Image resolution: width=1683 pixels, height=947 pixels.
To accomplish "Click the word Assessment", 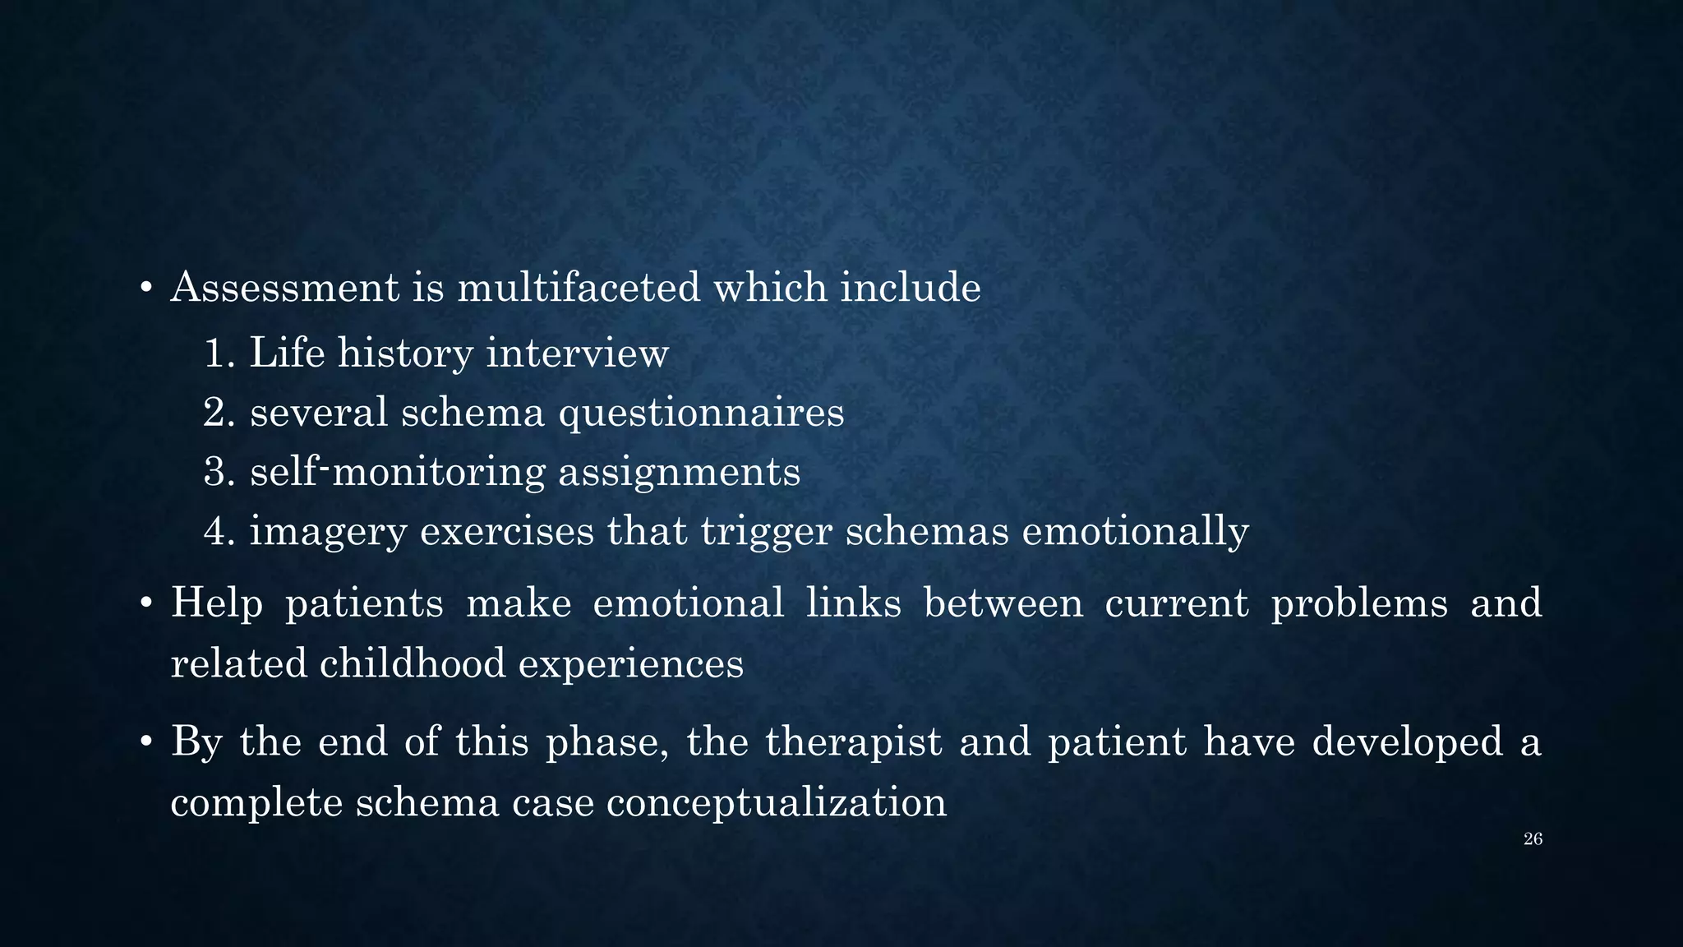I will [x=284, y=288].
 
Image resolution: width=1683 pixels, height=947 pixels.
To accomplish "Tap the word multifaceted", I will [x=579, y=288].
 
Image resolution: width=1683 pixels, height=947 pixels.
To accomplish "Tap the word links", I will [x=853, y=603].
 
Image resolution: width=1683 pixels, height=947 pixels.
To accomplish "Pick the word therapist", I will [x=853, y=742].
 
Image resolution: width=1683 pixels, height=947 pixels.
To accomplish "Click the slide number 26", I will [x=1533, y=839].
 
